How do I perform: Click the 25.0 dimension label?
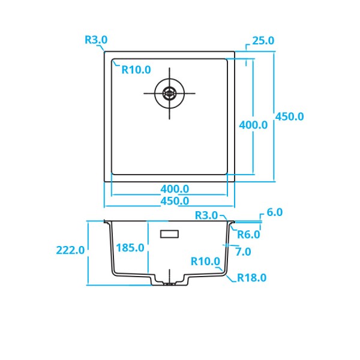[263, 41]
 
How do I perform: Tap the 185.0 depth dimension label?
[130, 247]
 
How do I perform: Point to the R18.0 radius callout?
[251, 278]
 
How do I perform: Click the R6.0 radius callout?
[248, 235]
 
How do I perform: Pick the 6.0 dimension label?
[274, 212]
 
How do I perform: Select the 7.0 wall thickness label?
[243, 251]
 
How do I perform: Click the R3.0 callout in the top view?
[95, 40]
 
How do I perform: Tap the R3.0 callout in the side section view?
[206, 215]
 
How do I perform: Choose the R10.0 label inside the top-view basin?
[136, 70]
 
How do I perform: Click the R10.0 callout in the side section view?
[205, 262]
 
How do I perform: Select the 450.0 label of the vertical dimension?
[289, 117]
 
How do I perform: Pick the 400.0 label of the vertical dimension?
[253, 125]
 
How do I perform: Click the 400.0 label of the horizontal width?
[175, 189]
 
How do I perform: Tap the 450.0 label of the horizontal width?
[175, 201]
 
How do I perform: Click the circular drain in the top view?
[169, 93]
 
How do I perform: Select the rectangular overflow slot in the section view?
[170, 233]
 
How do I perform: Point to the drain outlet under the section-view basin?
[170, 282]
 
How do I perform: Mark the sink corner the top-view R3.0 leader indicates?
[106, 52]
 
